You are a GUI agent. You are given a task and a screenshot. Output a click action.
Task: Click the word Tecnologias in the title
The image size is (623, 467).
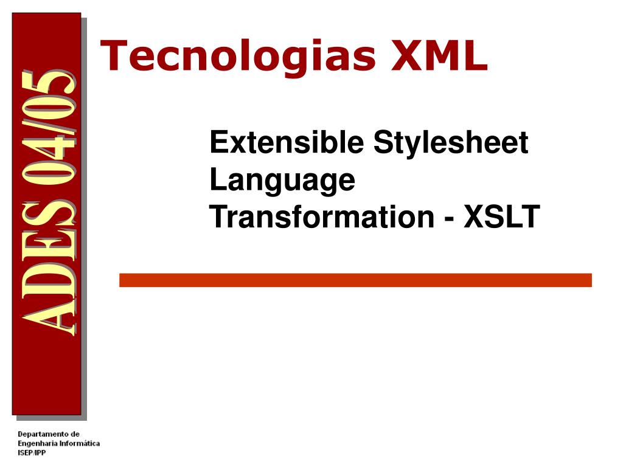coord(238,56)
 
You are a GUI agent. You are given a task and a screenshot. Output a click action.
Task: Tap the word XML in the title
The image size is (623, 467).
coord(440,55)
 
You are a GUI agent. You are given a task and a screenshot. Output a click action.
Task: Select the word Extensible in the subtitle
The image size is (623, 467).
coord(287,142)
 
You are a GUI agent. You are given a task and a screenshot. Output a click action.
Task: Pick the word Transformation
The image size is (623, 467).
coord(322,217)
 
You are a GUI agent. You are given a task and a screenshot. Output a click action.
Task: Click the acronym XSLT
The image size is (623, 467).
coord(501,217)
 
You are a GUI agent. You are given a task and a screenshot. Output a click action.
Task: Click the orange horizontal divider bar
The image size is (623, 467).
coord(355,280)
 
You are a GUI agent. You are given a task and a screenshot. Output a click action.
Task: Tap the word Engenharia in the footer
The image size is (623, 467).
coord(37,443)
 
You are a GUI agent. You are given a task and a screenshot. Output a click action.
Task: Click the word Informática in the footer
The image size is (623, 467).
coord(80,443)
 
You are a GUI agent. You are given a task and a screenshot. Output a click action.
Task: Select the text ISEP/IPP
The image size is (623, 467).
coord(32,452)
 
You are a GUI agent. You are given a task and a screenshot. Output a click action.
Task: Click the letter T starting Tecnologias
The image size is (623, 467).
coord(114,55)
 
